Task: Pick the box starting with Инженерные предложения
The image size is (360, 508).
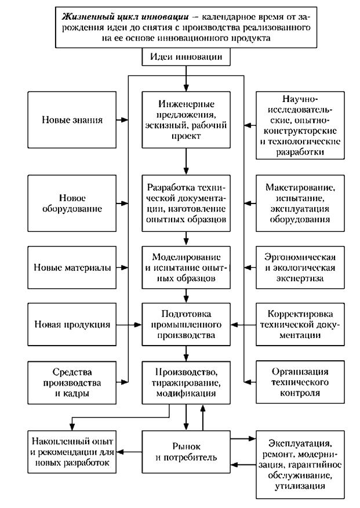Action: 186,120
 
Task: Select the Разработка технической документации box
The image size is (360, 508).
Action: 186,203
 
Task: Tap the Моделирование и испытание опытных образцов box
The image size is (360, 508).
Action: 186,267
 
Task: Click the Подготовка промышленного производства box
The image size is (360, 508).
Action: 186,325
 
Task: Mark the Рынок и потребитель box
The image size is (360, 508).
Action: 186,451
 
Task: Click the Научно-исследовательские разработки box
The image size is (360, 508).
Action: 298,125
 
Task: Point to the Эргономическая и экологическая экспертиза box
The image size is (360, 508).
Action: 298,267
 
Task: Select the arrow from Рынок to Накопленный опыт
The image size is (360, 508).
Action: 129,451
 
